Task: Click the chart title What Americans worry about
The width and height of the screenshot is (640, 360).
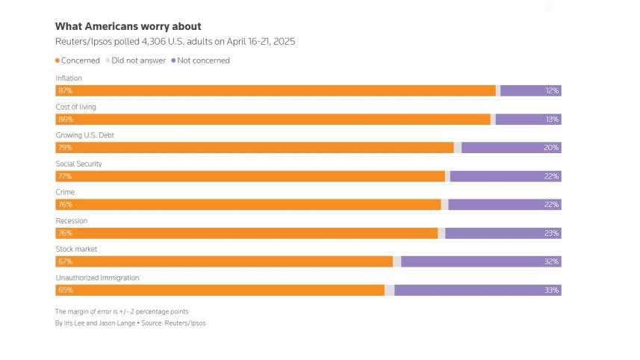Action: click(x=128, y=26)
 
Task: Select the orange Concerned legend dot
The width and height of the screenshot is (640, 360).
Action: click(x=58, y=60)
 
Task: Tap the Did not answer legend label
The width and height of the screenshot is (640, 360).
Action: click(x=138, y=60)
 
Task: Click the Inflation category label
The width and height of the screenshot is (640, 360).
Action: click(x=69, y=78)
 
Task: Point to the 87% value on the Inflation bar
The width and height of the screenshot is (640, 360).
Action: click(x=65, y=90)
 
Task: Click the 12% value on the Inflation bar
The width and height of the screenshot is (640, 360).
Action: click(x=552, y=90)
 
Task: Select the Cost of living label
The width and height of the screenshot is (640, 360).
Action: click(x=75, y=107)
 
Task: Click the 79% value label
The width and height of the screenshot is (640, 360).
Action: click(x=65, y=148)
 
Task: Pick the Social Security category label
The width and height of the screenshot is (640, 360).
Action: click(x=78, y=164)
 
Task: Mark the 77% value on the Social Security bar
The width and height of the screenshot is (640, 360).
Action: click(x=65, y=176)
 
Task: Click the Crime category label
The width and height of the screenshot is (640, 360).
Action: click(x=65, y=192)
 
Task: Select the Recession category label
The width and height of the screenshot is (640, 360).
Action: click(x=71, y=221)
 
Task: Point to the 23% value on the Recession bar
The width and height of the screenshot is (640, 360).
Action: click(x=552, y=233)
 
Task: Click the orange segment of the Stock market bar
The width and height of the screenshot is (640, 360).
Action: click(x=224, y=261)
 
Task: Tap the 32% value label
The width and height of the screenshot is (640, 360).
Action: click(x=552, y=261)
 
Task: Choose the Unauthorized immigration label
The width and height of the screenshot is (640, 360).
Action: click(x=97, y=278)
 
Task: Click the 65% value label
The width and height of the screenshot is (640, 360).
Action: click(x=65, y=290)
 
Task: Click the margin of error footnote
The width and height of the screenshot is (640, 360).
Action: click(x=122, y=311)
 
